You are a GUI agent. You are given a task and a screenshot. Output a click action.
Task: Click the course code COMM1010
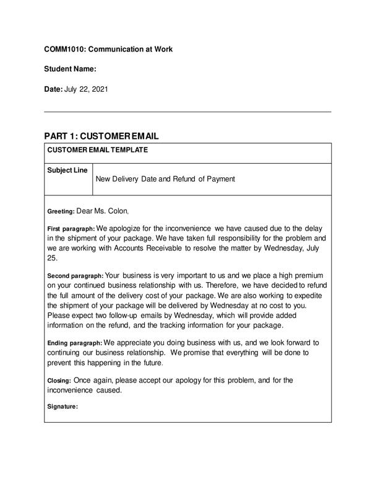[x=64, y=48]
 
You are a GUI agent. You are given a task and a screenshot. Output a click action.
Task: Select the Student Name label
[x=70, y=69]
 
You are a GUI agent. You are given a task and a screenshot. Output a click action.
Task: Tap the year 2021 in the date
[x=100, y=89]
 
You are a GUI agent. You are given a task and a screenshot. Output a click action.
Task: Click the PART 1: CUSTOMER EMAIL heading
[x=101, y=136]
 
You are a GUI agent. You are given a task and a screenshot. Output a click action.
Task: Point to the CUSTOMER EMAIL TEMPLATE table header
[x=98, y=149]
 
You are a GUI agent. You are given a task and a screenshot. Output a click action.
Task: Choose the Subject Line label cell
[x=67, y=170]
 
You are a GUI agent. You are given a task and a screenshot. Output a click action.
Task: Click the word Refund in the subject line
[x=179, y=179]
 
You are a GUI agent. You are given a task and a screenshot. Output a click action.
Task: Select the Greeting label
[x=61, y=211]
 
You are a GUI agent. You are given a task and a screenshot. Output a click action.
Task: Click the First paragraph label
[x=71, y=229]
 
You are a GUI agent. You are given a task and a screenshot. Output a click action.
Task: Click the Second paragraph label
[x=75, y=275]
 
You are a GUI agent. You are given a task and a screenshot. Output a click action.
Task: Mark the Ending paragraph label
[x=74, y=343]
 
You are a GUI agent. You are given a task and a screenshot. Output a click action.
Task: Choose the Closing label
[x=59, y=380]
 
